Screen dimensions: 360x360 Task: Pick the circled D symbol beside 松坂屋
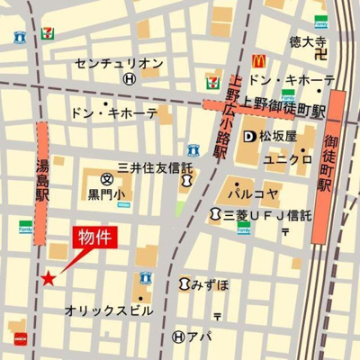250,137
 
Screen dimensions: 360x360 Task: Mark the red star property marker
48,280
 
